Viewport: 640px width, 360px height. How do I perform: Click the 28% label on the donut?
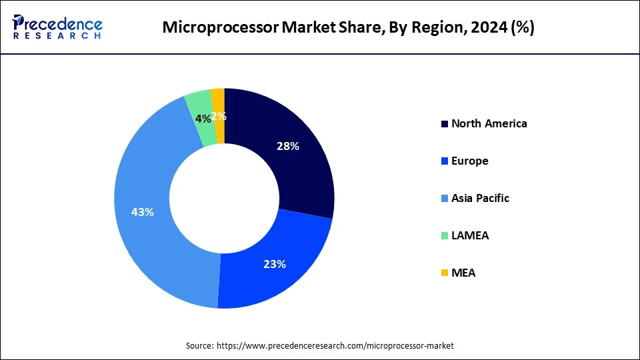[x=288, y=147]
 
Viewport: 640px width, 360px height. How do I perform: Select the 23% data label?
[x=275, y=264]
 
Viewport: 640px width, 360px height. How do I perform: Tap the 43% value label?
[x=143, y=212]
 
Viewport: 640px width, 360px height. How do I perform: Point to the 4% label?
[x=203, y=118]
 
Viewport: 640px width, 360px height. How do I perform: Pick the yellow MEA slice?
[x=218, y=100]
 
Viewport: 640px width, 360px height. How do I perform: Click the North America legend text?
[x=489, y=123]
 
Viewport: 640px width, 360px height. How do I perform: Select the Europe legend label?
[x=469, y=161]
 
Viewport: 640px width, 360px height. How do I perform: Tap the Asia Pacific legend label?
[x=480, y=198]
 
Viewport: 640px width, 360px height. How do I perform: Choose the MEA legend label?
[x=463, y=273]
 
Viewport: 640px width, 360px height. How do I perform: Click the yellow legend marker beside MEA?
[x=445, y=273]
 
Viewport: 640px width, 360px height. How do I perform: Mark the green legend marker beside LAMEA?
[x=445, y=236]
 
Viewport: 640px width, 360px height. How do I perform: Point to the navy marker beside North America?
[x=445, y=124]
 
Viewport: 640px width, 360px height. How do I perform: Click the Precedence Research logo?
[x=57, y=27]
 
